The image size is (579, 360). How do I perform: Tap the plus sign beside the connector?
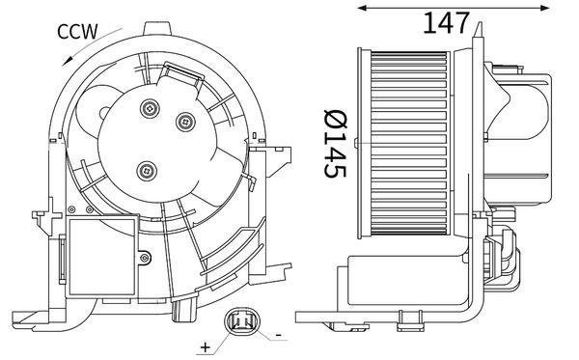pos(206,345)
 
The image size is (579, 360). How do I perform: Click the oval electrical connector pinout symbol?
pos(241,322)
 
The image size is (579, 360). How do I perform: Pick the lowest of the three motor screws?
pos(147,171)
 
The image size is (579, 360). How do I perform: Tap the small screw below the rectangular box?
pos(146,258)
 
